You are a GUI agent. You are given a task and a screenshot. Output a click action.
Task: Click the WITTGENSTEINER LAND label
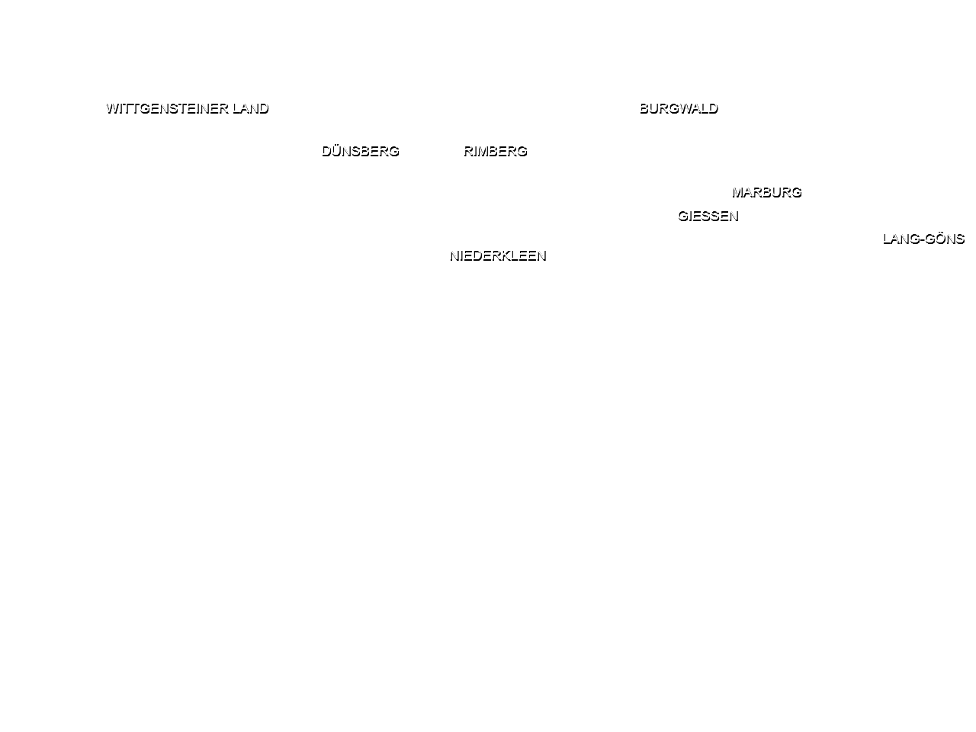tap(188, 108)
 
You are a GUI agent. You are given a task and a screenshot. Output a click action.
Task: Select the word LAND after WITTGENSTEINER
tap(251, 108)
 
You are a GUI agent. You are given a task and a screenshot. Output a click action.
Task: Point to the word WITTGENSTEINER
tap(167, 108)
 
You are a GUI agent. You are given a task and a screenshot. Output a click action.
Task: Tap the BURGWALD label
tap(679, 108)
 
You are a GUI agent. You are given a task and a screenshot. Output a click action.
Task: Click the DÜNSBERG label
tap(361, 151)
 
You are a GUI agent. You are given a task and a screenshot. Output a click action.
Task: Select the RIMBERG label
tap(496, 151)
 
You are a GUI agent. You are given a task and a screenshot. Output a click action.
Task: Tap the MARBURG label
tap(767, 192)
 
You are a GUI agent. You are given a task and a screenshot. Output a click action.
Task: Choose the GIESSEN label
tap(708, 216)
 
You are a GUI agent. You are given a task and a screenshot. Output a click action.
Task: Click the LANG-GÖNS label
tap(923, 239)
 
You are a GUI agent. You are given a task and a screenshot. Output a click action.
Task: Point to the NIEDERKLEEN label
tap(498, 255)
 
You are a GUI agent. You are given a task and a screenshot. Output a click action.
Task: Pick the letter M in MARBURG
tap(738, 192)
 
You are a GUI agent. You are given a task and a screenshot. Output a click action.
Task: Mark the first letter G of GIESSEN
tap(683, 216)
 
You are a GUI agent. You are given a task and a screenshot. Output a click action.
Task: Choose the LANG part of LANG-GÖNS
tap(901, 239)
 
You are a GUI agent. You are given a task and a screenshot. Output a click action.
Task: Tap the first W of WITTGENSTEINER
tap(113, 108)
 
